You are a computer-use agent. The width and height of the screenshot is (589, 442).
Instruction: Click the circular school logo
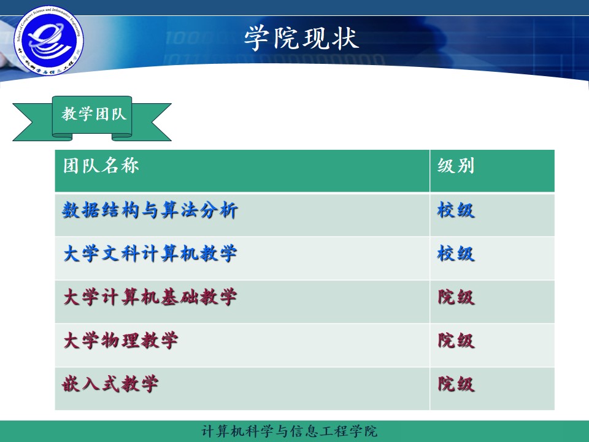click(x=48, y=40)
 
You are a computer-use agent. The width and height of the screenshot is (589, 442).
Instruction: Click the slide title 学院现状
click(x=301, y=38)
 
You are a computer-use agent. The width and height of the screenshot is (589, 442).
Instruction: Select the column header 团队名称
click(x=101, y=166)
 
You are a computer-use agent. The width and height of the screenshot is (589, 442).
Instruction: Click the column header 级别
click(x=456, y=166)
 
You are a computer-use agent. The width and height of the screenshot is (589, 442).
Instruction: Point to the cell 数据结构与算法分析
click(x=150, y=211)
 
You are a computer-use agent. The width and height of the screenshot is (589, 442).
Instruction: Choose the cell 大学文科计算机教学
click(x=150, y=254)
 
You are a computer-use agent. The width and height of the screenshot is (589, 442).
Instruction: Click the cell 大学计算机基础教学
click(x=150, y=298)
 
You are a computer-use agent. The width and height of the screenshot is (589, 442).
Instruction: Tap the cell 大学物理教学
click(x=121, y=341)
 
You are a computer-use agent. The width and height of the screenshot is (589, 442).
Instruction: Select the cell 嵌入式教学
click(x=111, y=385)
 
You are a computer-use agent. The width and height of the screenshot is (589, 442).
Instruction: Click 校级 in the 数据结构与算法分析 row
click(x=456, y=211)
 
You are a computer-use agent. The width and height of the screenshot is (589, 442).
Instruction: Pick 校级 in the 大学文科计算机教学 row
click(x=456, y=254)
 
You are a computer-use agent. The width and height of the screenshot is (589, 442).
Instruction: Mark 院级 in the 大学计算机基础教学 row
click(x=456, y=298)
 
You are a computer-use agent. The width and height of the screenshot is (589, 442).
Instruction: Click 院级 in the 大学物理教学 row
click(x=456, y=341)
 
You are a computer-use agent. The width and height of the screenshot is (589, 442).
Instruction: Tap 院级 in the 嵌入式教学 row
click(x=456, y=385)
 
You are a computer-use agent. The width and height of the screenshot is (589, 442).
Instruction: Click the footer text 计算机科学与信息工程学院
click(x=290, y=431)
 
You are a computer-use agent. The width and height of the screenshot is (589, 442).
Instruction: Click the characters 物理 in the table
click(x=121, y=341)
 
